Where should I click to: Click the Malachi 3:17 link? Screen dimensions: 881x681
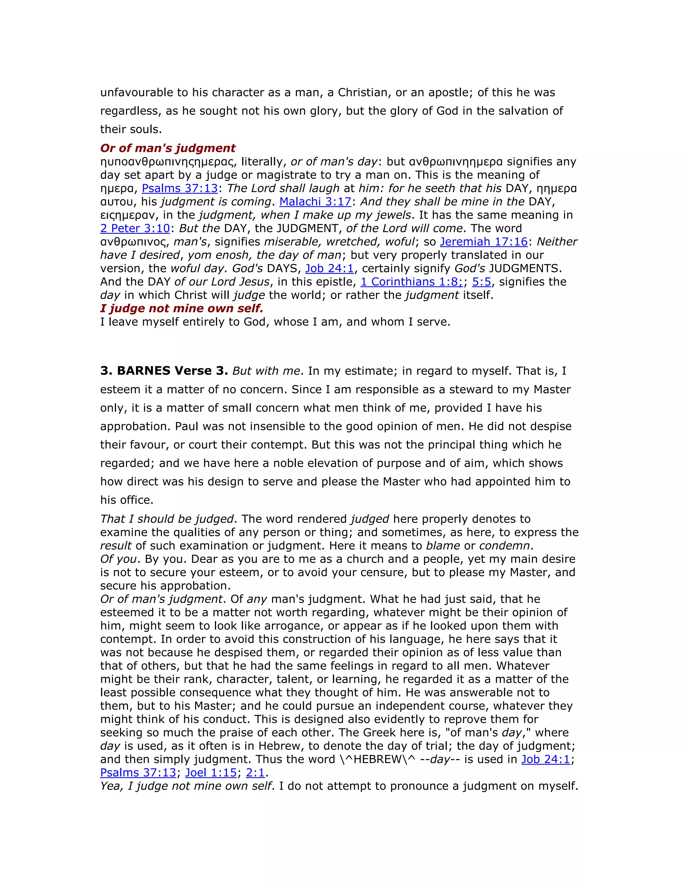click(x=315, y=202)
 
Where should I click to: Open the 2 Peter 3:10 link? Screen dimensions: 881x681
click(x=135, y=228)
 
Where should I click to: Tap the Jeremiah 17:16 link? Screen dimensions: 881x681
click(x=484, y=242)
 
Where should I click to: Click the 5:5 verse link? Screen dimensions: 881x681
click(x=482, y=282)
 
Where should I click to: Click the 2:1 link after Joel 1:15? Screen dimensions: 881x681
click(x=255, y=773)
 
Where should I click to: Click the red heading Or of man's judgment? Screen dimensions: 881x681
click(x=168, y=148)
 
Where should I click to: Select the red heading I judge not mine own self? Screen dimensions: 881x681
click(x=182, y=308)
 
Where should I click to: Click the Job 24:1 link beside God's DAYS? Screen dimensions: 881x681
click(x=329, y=268)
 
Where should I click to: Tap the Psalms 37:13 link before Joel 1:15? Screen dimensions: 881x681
click(x=138, y=773)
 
